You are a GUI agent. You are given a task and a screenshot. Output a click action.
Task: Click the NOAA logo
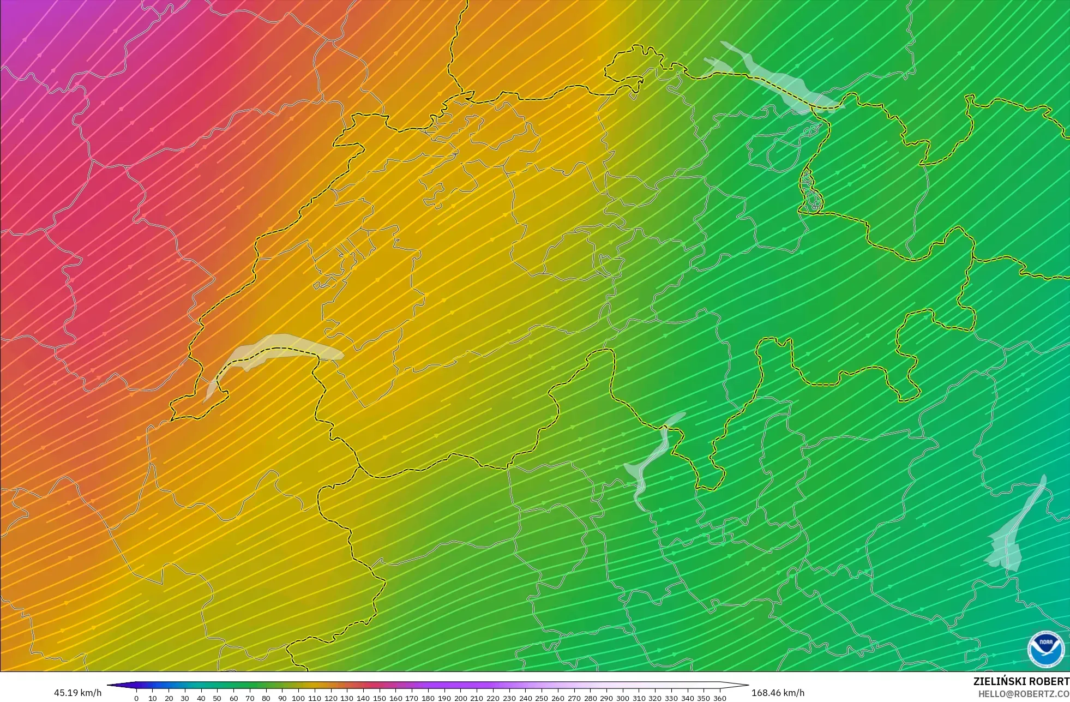1046,649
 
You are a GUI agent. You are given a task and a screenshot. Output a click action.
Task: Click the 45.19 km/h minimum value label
77,693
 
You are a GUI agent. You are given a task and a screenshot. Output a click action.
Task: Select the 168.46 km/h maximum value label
778,693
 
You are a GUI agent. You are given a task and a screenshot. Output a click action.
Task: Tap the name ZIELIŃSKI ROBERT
1021,681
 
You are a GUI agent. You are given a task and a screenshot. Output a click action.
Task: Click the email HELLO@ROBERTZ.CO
1024,694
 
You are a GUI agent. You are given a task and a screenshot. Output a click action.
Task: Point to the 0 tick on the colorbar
136,698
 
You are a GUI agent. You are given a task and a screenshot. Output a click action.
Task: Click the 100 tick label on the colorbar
298,698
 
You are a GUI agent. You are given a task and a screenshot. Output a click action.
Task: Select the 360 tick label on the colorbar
720,698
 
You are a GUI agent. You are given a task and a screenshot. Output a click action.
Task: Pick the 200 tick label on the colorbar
460,698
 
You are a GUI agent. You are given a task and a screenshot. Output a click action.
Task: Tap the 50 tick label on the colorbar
217,698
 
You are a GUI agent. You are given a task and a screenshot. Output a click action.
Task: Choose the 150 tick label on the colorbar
380,698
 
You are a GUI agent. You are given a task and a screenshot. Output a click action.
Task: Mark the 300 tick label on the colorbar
623,698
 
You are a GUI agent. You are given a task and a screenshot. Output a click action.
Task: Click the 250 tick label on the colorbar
542,698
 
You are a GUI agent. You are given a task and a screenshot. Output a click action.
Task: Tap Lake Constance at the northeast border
780,82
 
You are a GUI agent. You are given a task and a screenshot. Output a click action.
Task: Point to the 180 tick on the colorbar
428,698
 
